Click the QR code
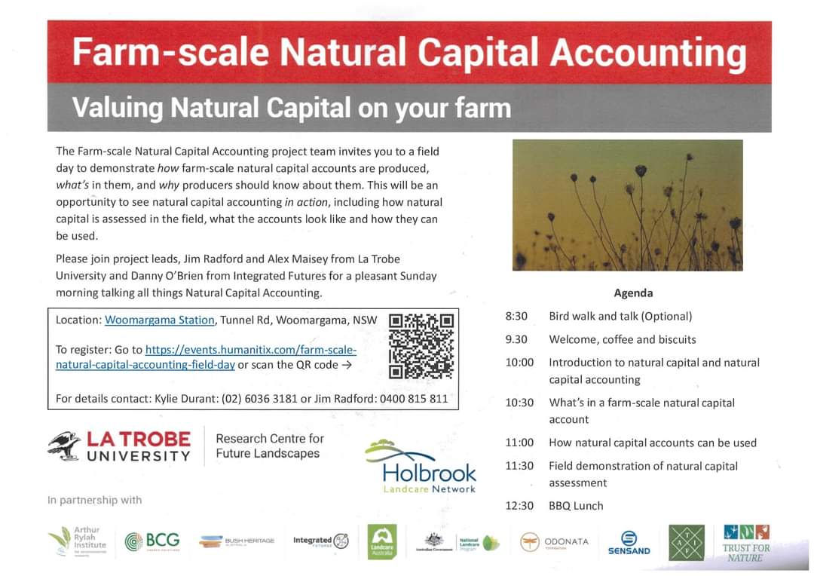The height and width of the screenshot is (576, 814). click(421, 346)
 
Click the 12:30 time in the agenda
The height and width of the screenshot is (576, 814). click(519, 506)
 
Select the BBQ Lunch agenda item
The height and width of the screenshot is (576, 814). click(576, 506)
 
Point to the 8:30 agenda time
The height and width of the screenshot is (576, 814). click(516, 316)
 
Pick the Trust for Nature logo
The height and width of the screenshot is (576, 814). click(746, 543)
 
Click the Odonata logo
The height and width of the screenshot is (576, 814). click(554, 542)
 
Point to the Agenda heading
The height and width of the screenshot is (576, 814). click(633, 293)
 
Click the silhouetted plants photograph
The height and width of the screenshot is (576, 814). click(627, 204)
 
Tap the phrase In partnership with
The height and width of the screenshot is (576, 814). click(94, 500)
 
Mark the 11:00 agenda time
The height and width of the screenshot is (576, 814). click(519, 443)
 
